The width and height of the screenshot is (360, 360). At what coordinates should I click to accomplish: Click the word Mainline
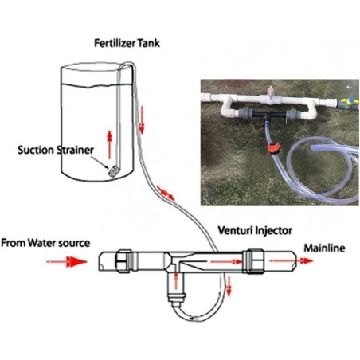pos(324,248)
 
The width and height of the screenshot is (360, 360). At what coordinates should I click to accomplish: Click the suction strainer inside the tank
pos(112,170)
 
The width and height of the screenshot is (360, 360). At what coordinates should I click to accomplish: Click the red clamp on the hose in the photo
pos(272,149)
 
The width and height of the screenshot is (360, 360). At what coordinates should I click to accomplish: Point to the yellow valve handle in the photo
pos(345,103)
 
